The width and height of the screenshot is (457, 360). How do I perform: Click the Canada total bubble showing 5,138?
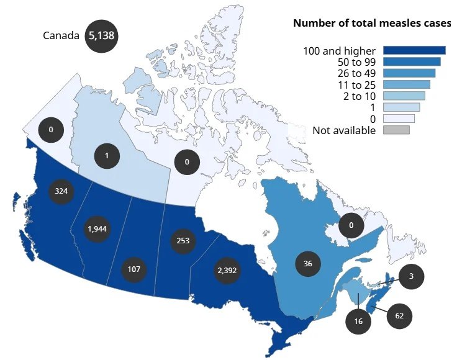click(x=101, y=36)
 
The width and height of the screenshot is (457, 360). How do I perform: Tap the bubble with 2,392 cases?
click(x=227, y=271)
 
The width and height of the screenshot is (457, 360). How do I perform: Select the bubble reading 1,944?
click(x=97, y=229)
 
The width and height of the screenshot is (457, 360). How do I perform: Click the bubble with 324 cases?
click(x=61, y=191)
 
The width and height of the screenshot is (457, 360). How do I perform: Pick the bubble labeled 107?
click(x=134, y=269)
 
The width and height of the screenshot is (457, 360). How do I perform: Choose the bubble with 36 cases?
click(x=308, y=264)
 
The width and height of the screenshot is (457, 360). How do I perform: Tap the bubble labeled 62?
click(x=399, y=316)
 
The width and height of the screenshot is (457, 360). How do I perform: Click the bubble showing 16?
click(x=358, y=321)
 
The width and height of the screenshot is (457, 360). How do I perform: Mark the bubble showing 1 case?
click(x=107, y=156)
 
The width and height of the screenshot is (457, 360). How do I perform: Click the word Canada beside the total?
click(x=61, y=36)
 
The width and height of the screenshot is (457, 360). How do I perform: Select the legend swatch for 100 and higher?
click(x=414, y=50)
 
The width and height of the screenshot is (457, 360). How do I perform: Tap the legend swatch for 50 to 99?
click(x=412, y=61)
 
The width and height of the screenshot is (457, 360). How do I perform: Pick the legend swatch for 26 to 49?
click(x=409, y=73)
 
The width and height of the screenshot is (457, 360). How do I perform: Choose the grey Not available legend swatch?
click(x=396, y=130)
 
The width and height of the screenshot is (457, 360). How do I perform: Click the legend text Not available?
click(x=344, y=130)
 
